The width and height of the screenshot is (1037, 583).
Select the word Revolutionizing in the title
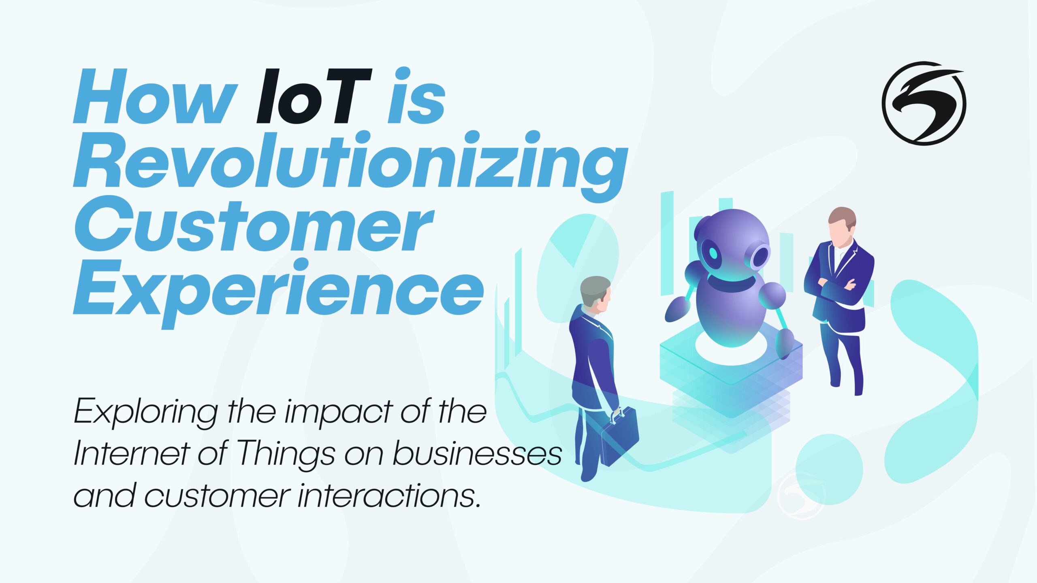(349, 162)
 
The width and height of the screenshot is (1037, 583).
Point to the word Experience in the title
(279, 289)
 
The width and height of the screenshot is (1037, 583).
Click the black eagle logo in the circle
(924, 103)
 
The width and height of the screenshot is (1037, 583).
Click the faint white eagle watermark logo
(801, 496)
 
